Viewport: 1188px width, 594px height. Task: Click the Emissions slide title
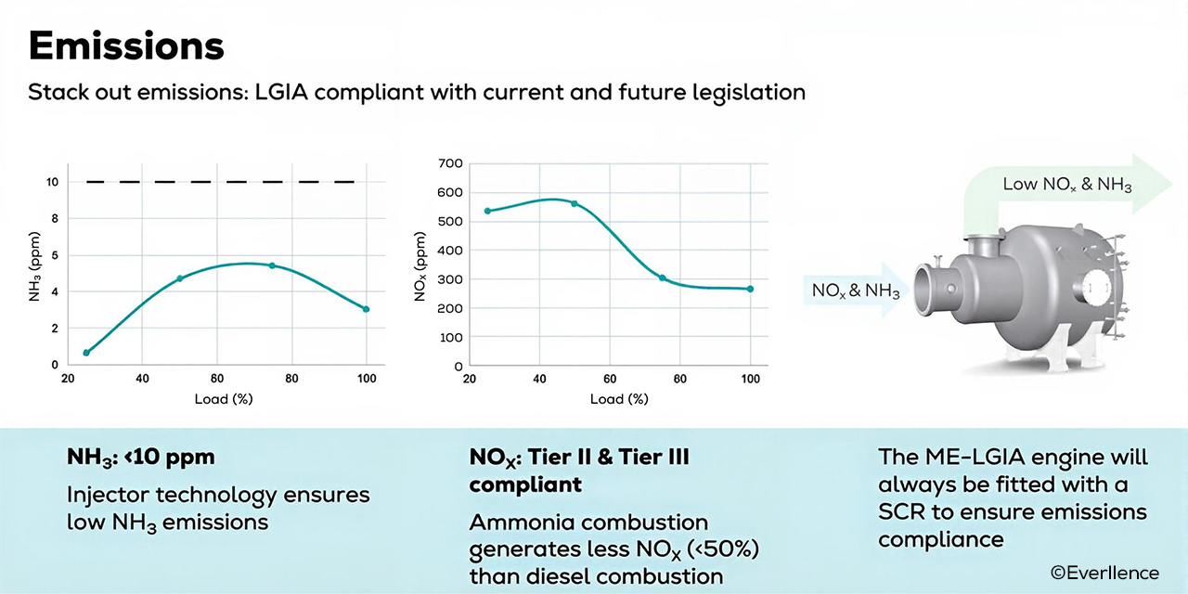coord(126,45)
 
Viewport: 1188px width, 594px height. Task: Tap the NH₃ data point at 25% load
coord(86,353)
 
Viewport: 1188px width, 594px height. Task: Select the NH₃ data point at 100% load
coord(366,309)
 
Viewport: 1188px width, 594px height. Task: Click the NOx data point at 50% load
coord(574,203)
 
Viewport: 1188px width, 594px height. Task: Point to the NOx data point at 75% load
coord(662,278)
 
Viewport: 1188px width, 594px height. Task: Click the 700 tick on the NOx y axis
coord(450,163)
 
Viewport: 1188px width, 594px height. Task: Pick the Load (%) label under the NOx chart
coord(619,399)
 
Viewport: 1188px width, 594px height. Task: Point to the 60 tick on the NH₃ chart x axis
coord(217,380)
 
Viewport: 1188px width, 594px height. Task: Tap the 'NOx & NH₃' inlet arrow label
coord(855,291)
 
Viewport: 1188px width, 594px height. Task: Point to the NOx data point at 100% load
coord(750,289)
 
